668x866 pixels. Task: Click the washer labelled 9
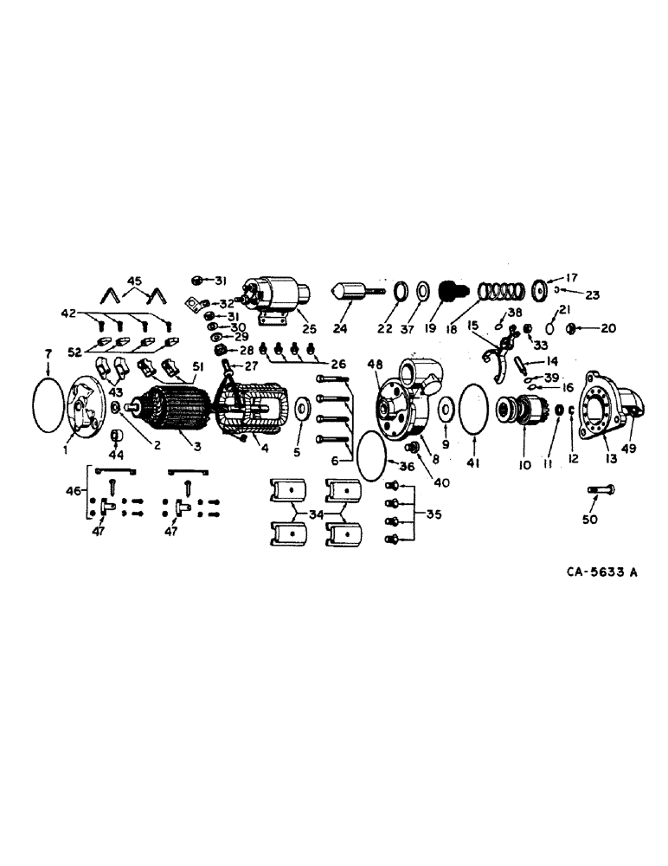447,408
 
